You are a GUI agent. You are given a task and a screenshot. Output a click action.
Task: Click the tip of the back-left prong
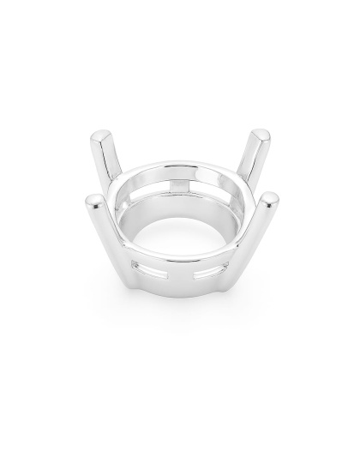100,136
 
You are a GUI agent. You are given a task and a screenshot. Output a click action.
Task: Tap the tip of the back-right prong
261,136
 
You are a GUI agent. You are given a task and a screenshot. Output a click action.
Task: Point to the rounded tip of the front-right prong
268,200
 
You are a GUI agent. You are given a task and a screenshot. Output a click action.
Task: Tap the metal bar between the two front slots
179,277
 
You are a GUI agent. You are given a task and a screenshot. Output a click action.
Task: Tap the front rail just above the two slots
179,264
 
